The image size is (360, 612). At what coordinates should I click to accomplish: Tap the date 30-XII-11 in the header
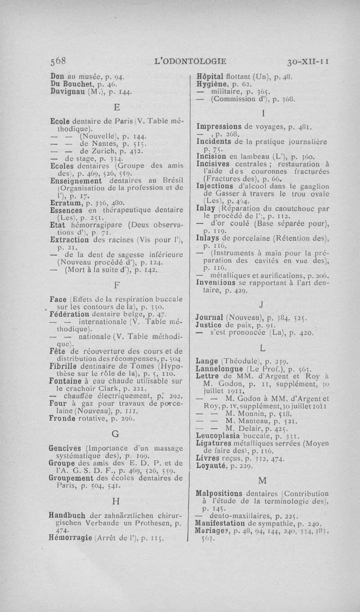point(308,60)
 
